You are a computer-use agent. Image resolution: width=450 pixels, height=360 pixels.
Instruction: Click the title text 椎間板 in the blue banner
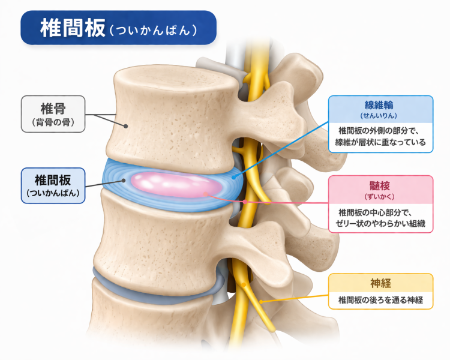pos(71,28)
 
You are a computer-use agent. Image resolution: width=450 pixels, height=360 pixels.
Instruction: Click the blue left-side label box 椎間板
pos(52,184)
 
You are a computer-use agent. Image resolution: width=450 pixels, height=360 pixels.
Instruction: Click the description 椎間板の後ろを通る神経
pos(381,299)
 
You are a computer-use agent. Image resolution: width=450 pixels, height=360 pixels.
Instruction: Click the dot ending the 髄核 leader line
pos(206,193)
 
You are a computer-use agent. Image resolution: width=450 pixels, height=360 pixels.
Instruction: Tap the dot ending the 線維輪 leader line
pos(233,176)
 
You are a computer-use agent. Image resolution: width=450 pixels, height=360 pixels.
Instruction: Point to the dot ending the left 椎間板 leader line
pos(124,179)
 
